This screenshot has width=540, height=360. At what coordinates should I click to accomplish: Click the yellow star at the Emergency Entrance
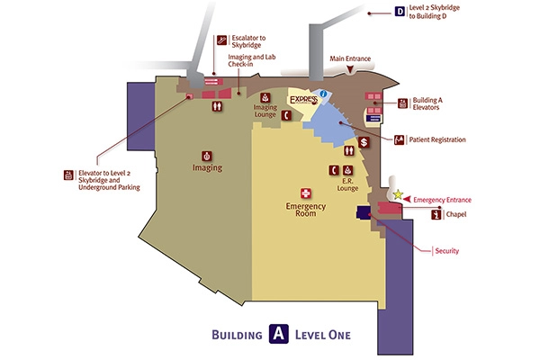398,194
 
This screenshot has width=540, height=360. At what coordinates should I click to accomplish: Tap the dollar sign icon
364,142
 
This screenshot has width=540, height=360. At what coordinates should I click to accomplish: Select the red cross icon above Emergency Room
305,193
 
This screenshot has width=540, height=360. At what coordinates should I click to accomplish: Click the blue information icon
323,94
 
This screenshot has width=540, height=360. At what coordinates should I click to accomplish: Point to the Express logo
303,100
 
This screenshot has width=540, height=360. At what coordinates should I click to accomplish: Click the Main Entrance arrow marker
350,69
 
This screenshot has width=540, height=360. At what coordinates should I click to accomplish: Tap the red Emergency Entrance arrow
407,199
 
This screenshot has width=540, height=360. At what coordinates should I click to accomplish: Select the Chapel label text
456,214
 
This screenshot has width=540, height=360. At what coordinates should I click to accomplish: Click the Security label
447,251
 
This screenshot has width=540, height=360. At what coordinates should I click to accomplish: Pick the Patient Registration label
437,139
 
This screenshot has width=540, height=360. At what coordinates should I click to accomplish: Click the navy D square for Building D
400,12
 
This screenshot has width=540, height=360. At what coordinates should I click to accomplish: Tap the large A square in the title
279,334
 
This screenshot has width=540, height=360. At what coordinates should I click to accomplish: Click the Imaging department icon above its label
207,156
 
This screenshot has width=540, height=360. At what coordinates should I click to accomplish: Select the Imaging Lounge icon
265,97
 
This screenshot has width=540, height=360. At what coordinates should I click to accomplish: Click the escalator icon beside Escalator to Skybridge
221,40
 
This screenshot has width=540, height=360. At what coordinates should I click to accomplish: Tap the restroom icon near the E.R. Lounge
349,150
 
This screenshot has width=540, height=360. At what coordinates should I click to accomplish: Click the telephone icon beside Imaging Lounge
286,116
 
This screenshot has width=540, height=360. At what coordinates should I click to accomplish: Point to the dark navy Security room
364,212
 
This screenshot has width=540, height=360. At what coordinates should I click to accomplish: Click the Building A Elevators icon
402,103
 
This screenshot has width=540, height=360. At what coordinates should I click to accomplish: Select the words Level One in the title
323,335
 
